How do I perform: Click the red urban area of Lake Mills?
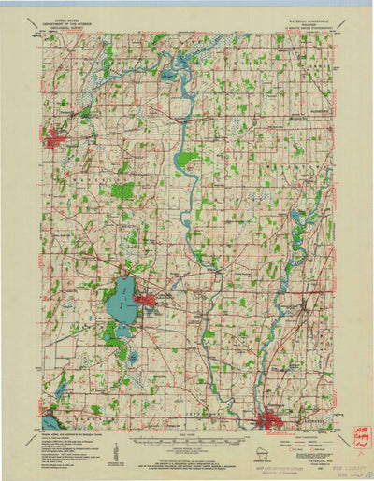[x=147, y=301]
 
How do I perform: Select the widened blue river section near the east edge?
[x=297, y=219]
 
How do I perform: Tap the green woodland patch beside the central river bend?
[x=187, y=159]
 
